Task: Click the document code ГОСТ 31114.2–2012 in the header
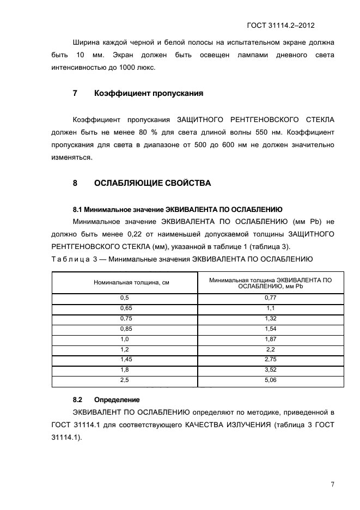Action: (281, 26)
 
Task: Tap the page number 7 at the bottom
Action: (332, 484)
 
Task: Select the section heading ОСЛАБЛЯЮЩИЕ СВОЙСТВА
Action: (152, 183)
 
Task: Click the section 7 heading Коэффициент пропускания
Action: (149, 93)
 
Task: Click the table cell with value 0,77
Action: (270, 298)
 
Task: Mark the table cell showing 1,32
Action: (270, 318)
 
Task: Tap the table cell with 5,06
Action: (270, 380)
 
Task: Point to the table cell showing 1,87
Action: (270, 339)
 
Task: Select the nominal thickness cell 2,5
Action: (124, 380)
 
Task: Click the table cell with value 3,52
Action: (270, 370)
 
